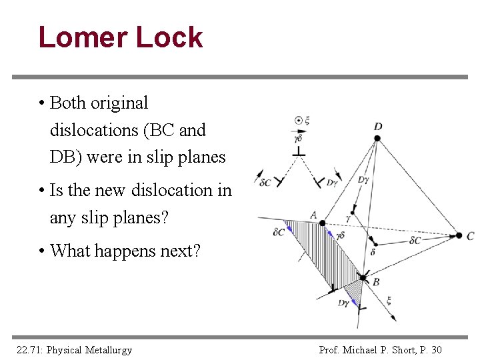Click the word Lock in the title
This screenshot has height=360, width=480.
click(x=169, y=37)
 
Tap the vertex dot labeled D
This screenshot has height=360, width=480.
click(x=377, y=138)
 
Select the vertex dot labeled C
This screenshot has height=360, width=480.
click(x=459, y=235)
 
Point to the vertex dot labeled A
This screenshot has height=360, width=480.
click(x=322, y=223)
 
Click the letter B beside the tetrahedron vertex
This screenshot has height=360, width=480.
click(x=376, y=282)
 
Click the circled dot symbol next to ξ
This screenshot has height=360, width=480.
click(x=299, y=121)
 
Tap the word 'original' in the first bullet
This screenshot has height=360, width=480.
click(x=119, y=103)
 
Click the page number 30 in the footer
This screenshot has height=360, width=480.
click(x=436, y=349)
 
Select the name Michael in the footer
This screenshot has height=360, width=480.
click(x=360, y=349)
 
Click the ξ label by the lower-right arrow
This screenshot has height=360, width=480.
click(x=389, y=299)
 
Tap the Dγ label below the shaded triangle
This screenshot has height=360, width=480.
click(x=343, y=303)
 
